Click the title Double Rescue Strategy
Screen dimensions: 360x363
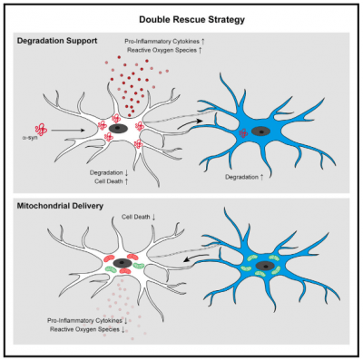pos(181,17)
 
